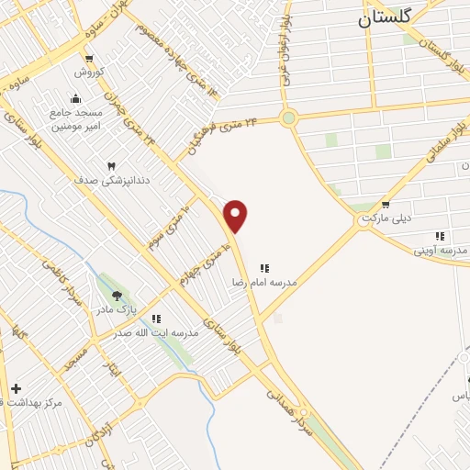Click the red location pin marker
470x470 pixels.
(x=236, y=216)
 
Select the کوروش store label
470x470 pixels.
(x=92, y=71)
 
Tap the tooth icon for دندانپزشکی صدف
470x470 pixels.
(x=111, y=166)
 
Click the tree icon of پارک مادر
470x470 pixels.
(x=117, y=296)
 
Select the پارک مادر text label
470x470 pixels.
(x=117, y=310)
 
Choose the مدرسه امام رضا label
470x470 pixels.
(x=264, y=283)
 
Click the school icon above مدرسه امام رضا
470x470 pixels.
(x=264, y=268)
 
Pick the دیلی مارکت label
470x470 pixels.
(x=384, y=218)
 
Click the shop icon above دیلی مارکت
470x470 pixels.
(x=385, y=205)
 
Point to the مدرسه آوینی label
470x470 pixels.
(x=440, y=250)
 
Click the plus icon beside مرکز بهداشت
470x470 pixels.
(x=15, y=388)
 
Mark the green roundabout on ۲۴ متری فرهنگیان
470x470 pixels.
(x=289, y=117)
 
